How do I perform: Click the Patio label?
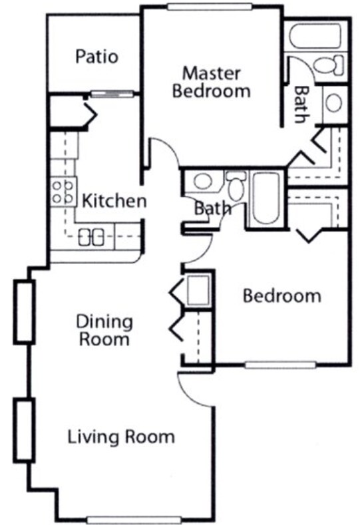tap(96, 57)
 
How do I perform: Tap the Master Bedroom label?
tap(212, 82)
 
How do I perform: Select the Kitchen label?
tap(114, 200)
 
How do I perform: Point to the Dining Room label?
tap(103, 331)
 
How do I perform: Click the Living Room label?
tap(121, 437)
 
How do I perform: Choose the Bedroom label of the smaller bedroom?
tap(281, 295)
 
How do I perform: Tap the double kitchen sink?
tap(90, 236)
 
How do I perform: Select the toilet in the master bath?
tap(328, 65)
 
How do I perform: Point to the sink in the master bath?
tap(334, 103)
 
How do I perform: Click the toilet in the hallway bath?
tap(235, 185)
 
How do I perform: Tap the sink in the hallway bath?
tap(203, 181)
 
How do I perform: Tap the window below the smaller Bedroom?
tap(279, 365)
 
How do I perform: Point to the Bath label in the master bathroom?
tap(301, 104)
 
